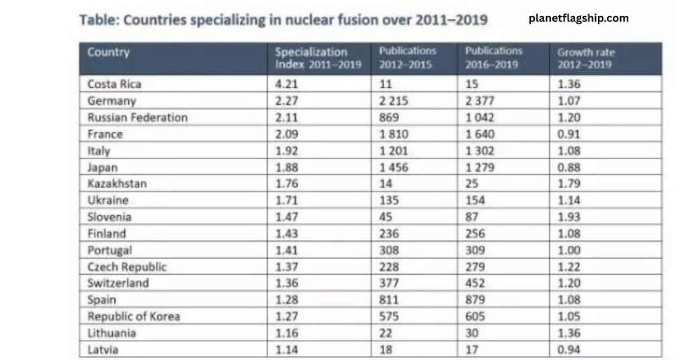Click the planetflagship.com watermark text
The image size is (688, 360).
coord(578,18)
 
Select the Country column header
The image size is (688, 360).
coord(108,52)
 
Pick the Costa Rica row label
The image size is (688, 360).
coord(114,85)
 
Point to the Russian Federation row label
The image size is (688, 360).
coord(137,118)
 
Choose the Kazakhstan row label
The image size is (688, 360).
coord(117,183)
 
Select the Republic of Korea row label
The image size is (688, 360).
coord(133,316)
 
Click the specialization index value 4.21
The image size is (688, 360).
coord(287,85)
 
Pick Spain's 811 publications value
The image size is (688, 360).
coord(389,300)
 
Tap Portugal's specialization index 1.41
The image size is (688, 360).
coord(287,250)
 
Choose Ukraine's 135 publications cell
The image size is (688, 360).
coord(389,200)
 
